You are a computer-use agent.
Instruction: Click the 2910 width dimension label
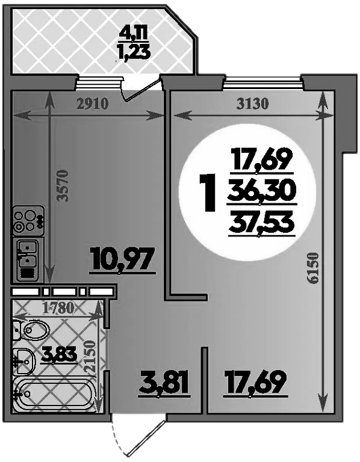[x=92, y=104]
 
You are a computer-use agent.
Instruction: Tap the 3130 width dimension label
[x=253, y=104]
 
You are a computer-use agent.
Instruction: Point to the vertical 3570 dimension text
[x=63, y=186]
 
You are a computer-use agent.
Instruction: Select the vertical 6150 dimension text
[x=312, y=268]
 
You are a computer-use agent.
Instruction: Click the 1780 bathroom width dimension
[x=58, y=308]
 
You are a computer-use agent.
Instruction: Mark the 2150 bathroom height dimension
[x=90, y=356]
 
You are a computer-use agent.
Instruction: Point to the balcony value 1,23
[x=134, y=53]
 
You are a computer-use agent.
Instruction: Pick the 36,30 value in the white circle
[x=262, y=191]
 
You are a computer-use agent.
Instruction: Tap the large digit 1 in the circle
[x=209, y=192]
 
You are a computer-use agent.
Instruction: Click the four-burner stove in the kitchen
[x=28, y=220]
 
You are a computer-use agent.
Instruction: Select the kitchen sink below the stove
[x=28, y=260]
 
